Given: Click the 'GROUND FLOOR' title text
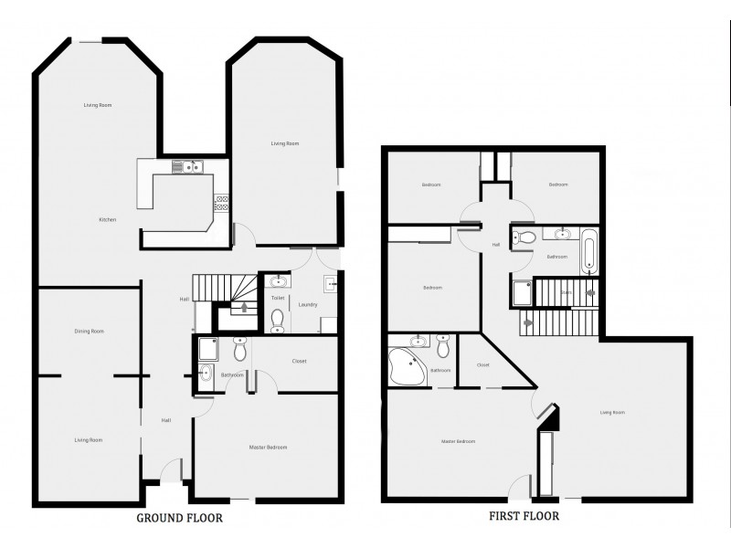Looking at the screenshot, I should (179, 518).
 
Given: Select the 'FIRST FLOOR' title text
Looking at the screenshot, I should (523, 515).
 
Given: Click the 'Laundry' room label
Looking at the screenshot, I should (307, 304).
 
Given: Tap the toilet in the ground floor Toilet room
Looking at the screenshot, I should (277, 318).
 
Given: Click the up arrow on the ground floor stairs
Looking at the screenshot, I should (244, 308).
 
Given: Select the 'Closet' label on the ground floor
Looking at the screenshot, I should (299, 361).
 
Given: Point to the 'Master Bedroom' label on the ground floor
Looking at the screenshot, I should (269, 447).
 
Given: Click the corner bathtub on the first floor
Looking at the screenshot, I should (405, 367).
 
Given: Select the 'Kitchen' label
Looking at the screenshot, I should (108, 220).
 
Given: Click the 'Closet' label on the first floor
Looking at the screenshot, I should (483, 364).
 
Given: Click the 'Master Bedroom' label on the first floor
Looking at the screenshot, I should (458, 441).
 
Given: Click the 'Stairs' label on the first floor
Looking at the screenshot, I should (567, 293).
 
